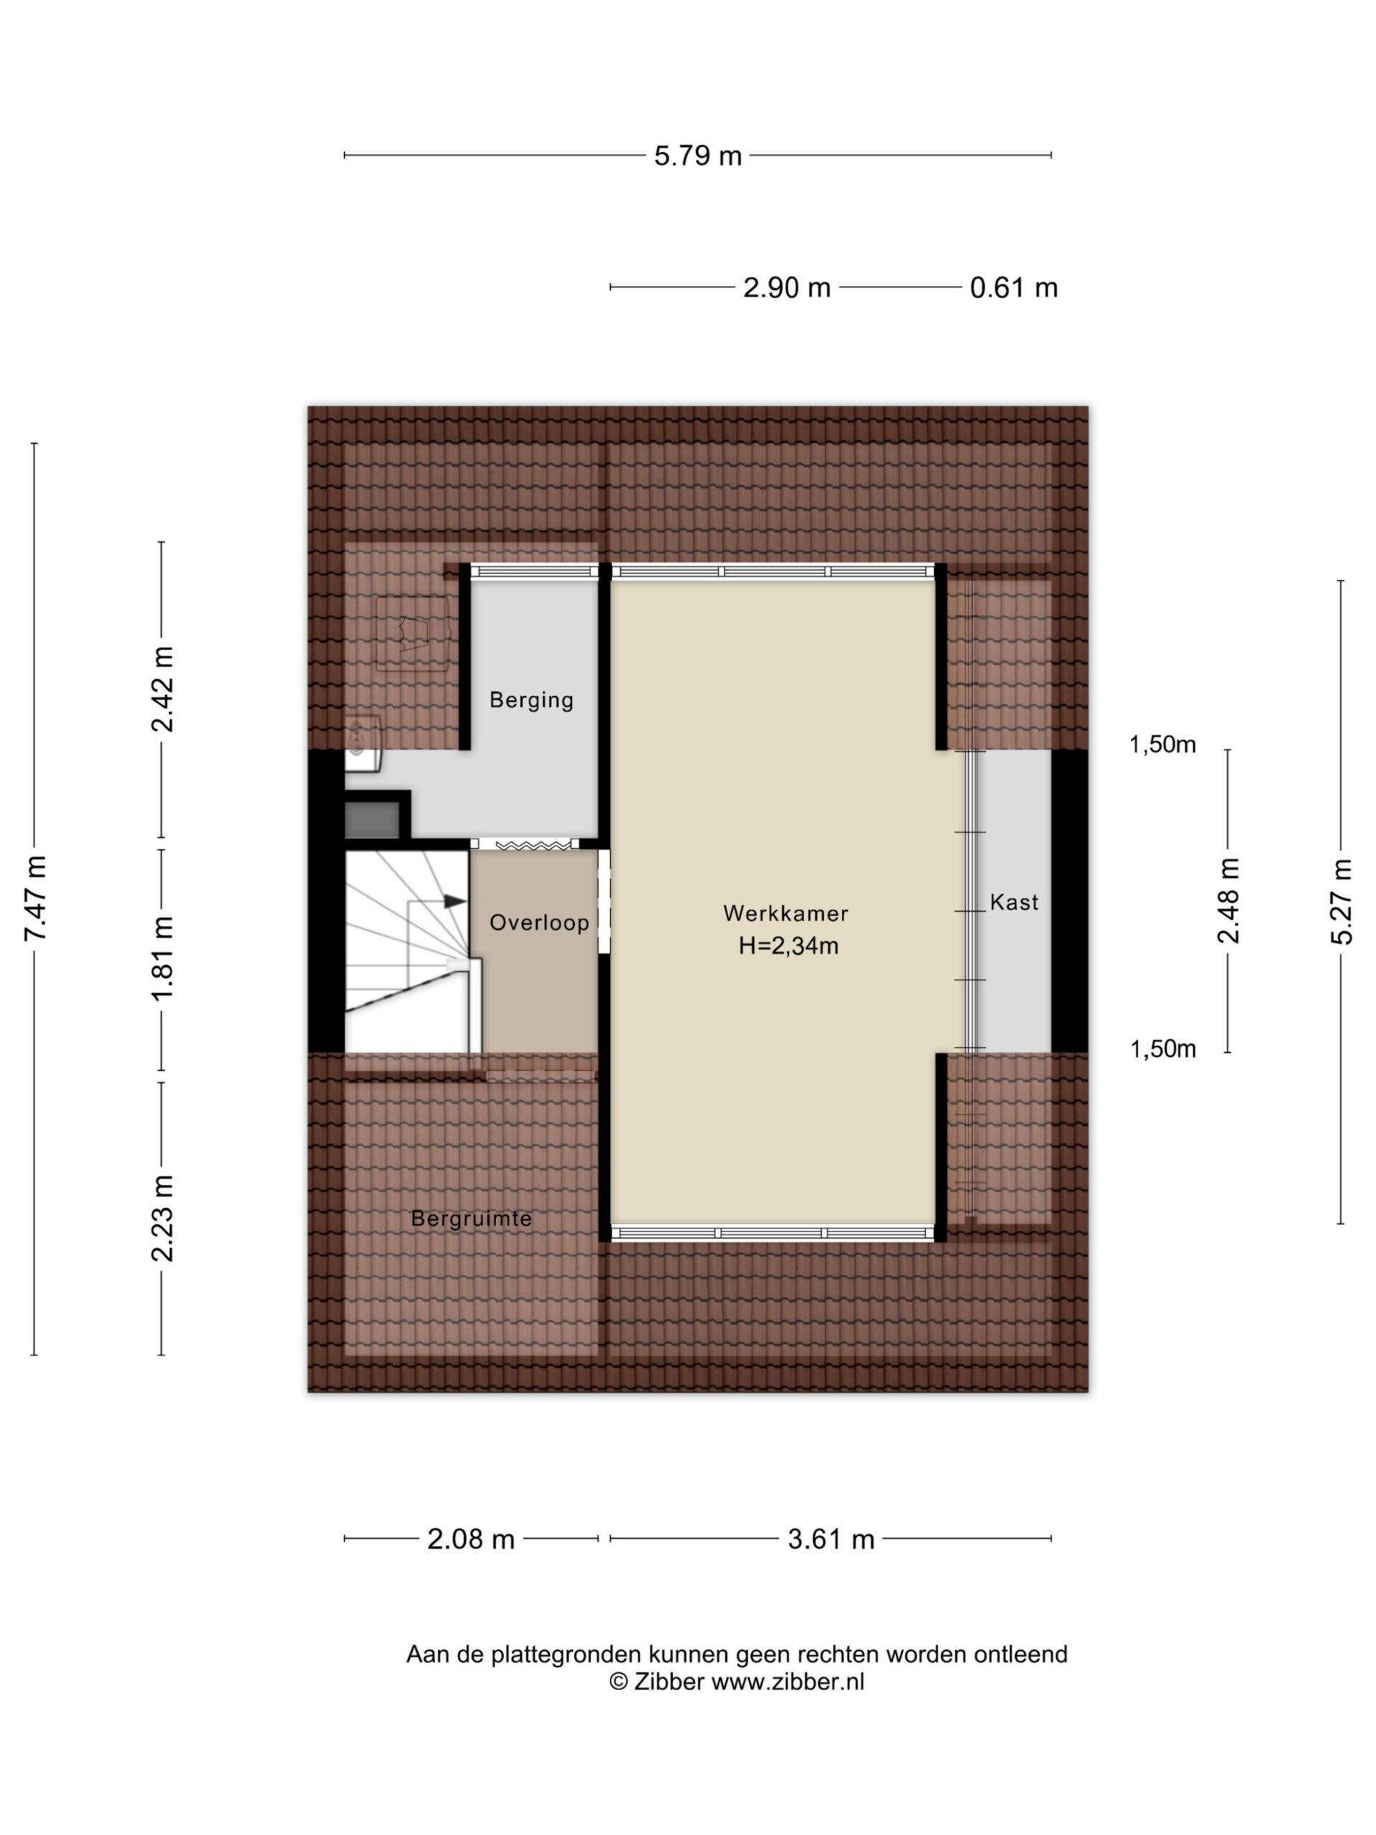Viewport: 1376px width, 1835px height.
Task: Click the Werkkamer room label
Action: click(785, 913)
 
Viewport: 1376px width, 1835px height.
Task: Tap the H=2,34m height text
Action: click(788, 945)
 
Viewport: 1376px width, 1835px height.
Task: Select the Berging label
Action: click(531, 700)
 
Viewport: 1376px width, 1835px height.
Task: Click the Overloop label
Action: click(539, 923)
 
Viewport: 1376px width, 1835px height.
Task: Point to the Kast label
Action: click(1013, 902)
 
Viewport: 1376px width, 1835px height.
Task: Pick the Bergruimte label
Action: click(471, 1219)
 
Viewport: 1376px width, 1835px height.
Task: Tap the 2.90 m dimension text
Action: click(786, 288)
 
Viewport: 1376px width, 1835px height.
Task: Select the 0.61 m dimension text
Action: click(1013, 288)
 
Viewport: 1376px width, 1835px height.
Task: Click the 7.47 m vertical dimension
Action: click(35, 897)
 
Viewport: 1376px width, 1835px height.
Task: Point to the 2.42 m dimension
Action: click(162, 690)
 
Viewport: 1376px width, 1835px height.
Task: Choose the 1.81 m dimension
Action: click(162, 958)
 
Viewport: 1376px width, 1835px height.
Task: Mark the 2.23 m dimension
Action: click(162, 1219)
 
